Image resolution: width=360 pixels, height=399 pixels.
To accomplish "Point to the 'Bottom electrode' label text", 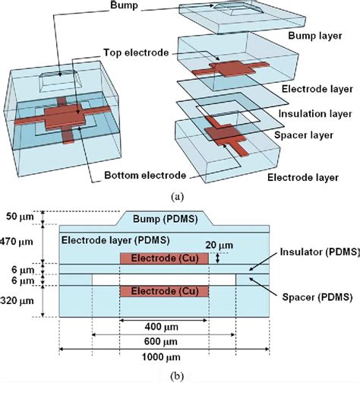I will pyautogui.click(x=143, y=176).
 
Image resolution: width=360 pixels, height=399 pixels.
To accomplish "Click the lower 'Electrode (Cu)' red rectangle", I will pyautogui.click(x=163, y=292).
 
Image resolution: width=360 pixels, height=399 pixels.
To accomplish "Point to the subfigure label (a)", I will pyautogui.click(x=177, y=196).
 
